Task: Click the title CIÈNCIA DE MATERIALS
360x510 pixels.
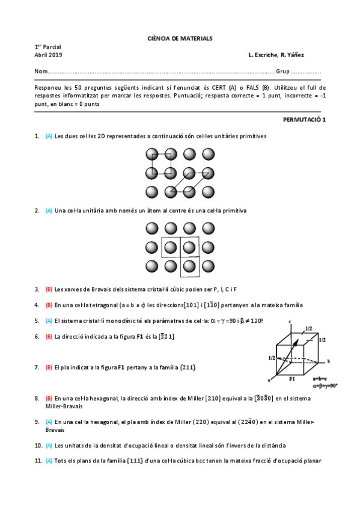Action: pos(180,38)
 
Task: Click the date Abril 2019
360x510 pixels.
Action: pos(44,55)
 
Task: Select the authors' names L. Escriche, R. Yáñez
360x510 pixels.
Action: pos(275,55)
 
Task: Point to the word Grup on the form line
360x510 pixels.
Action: pos(282,72)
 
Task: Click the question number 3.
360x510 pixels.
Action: pos(37,289)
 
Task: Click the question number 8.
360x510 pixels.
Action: pos(37,398)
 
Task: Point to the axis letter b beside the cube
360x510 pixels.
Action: pos(328,361)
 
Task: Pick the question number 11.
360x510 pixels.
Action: pos(38,461)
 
